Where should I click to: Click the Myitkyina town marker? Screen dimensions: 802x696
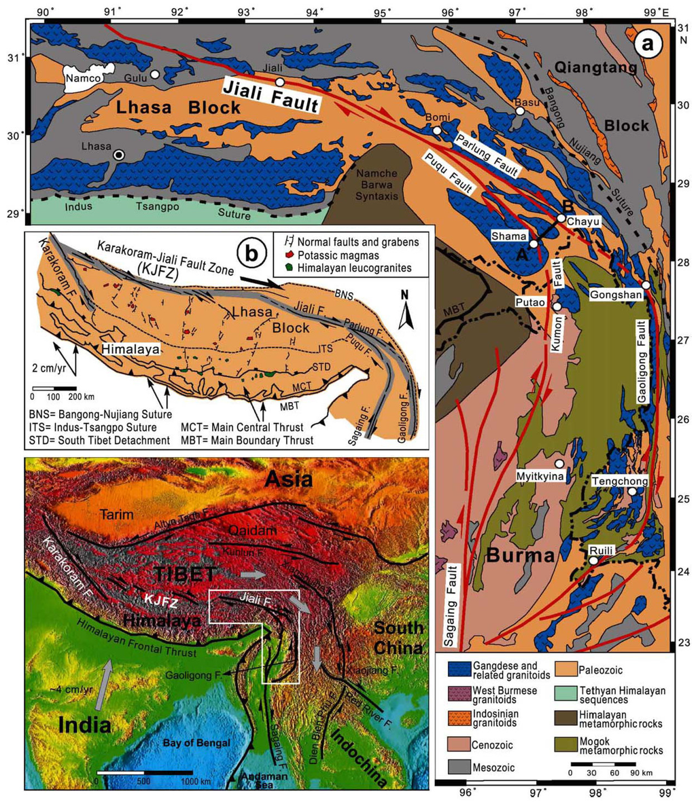point(559,463)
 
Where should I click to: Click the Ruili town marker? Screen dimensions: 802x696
point(593,561)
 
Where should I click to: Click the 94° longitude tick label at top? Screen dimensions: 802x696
point(314,12)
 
